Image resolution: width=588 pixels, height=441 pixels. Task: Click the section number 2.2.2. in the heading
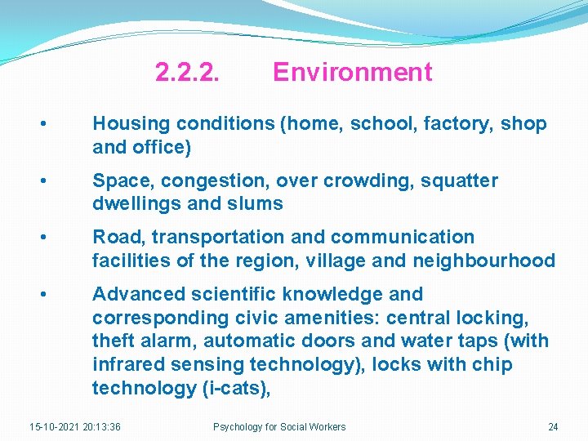187,73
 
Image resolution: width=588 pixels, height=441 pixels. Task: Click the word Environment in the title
352,73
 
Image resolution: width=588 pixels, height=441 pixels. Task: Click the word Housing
127,124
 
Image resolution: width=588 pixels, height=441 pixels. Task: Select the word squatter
459,180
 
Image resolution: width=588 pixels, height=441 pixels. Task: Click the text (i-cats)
234,388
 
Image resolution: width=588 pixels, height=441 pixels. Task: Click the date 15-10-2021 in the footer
54,427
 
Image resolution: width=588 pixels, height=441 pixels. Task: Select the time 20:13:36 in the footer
102,427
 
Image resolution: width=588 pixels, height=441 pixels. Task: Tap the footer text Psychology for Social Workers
279,427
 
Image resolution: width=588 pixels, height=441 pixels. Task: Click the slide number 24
553,427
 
